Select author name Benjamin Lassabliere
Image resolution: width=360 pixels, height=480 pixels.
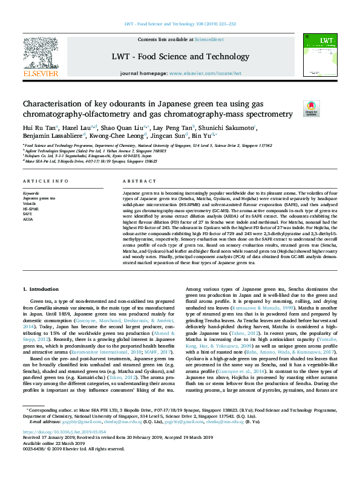pos(48,137)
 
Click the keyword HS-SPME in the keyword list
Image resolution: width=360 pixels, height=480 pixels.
pos(31,207)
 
